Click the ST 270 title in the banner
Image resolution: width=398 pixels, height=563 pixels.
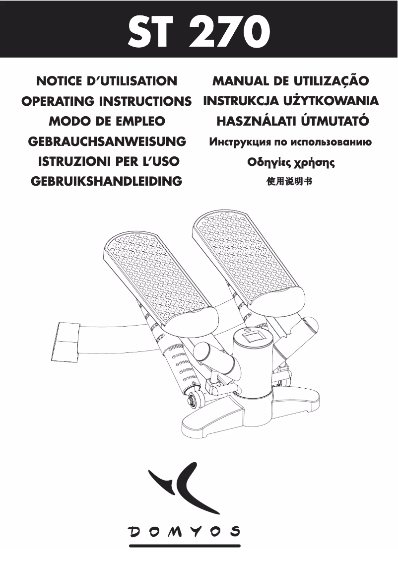(199, 31)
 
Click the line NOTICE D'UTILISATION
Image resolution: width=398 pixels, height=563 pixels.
(107, 80)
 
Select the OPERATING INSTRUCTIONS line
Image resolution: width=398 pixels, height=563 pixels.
(107, 101)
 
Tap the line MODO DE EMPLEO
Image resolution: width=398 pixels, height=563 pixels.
(107, 121)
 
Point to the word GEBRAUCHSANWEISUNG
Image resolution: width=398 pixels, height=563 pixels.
(107, 141)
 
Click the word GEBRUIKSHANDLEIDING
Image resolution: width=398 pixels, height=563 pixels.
(107, 181)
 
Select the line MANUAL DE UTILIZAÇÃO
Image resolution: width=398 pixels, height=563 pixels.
(291, 80)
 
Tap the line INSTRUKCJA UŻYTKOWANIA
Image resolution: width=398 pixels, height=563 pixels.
(291, 101)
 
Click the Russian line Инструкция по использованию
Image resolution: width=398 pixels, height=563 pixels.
(291, 142)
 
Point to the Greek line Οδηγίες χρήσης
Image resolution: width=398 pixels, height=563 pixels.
(291, 162)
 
